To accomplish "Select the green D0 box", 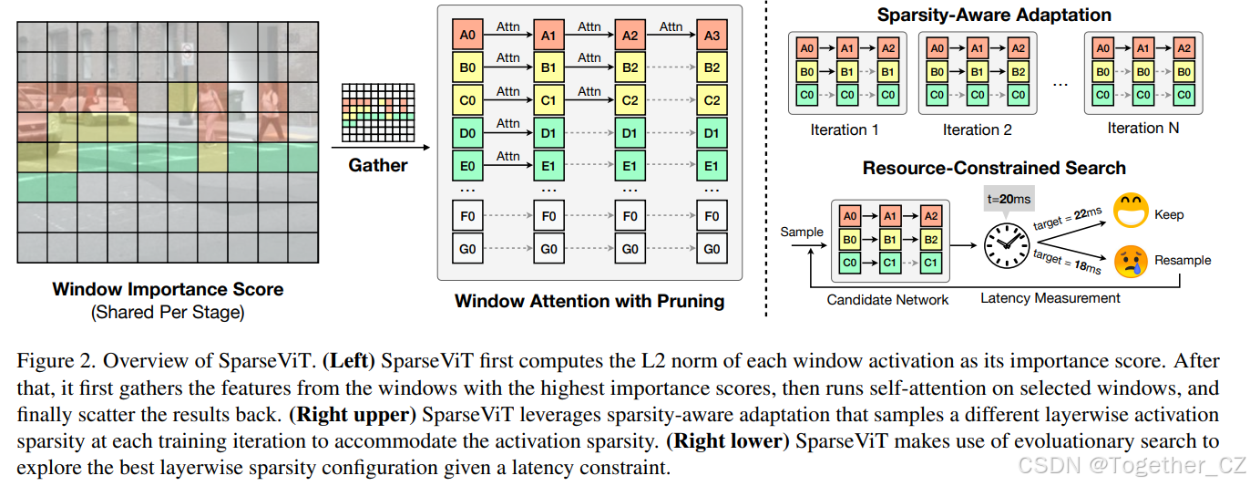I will (468, 134).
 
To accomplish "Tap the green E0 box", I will (468, 166).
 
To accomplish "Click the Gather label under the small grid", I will (378, 165).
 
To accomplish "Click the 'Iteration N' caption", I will (1142, 129).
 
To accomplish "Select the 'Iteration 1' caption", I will (844, 129).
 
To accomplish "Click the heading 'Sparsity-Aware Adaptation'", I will (993, 16).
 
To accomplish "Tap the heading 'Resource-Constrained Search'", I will (994, 168).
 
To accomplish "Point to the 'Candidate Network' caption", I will (887, 299).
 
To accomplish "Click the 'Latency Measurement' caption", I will (1050, 298).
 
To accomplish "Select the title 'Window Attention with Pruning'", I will (589, 301).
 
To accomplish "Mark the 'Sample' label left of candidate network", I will (802, 232).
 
